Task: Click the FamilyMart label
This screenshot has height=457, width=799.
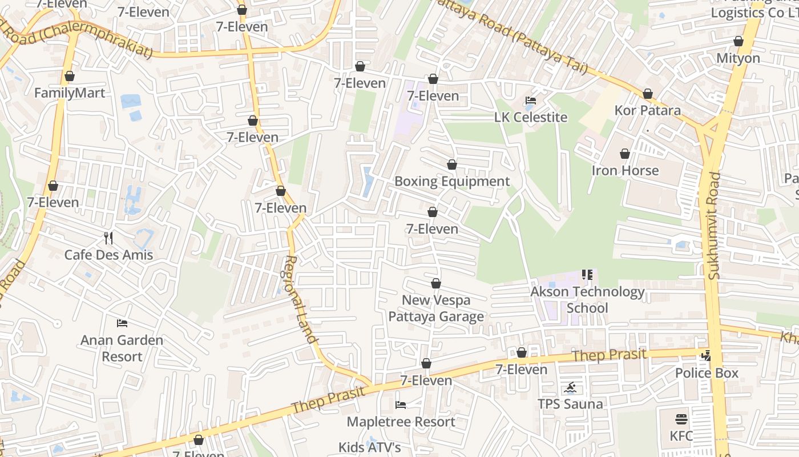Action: click(70, 93)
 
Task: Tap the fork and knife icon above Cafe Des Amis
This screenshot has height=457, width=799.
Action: click(108, 238)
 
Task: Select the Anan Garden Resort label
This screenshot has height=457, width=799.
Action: click(122, 348)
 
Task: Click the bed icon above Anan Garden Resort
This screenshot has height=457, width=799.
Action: click(122, 323)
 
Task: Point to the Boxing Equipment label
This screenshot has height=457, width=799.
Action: click(452, 182)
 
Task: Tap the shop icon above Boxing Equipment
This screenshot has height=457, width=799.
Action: click(452, 165)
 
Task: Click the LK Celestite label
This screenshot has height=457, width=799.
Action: click(531, 118)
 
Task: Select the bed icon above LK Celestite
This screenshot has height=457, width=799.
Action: click(531, 101)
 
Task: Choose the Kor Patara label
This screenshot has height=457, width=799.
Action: click(648, 110)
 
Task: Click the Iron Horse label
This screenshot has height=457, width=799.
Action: click(625, 171)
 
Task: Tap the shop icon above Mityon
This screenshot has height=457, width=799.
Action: click(739, 42)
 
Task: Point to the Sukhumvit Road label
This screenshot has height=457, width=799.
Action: click(715, 226)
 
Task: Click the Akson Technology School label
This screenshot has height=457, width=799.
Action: click(587, 300)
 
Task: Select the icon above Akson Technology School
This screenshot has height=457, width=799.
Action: click(587, 275)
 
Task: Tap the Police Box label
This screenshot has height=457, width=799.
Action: click(707, 374)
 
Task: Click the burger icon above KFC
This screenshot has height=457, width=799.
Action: click(681, 419)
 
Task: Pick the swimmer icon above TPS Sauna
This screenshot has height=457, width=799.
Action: click(570, 388)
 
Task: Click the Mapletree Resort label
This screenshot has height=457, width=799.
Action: click(401, 422)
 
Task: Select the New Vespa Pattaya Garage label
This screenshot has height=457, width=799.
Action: click(436, 308)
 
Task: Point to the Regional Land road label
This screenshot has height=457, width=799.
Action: click(300, 299)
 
